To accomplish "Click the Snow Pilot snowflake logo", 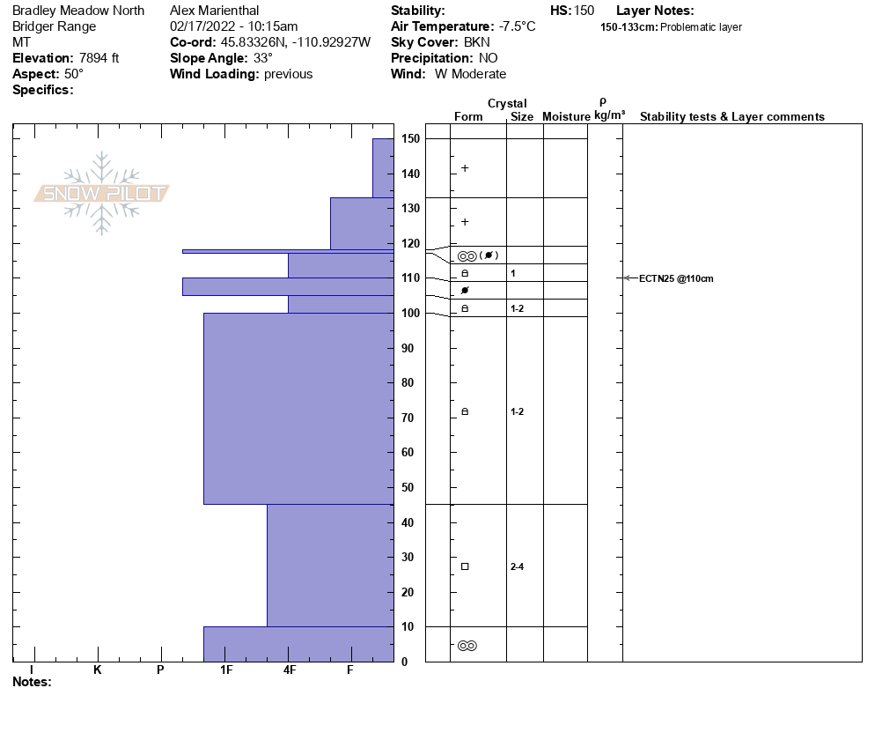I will pos(102,194).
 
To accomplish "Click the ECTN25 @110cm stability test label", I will pos(675,278).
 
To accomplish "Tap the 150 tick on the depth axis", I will pos(410,139).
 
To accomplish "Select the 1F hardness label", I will pos(226,670).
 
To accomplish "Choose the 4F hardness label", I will pos(289,670).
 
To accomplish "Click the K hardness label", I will pos(98,670).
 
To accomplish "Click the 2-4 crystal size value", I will pos(518,566).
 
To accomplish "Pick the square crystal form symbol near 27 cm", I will pos(465,566).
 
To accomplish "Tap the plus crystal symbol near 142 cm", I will pos(465,168).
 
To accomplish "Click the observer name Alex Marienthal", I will pos(215,11).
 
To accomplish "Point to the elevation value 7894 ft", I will pos(99,58).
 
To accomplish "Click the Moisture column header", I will pos(566,116).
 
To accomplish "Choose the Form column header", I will pos(468,116).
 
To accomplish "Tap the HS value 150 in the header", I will pos(584,11).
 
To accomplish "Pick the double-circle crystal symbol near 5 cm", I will pos(467,646).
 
